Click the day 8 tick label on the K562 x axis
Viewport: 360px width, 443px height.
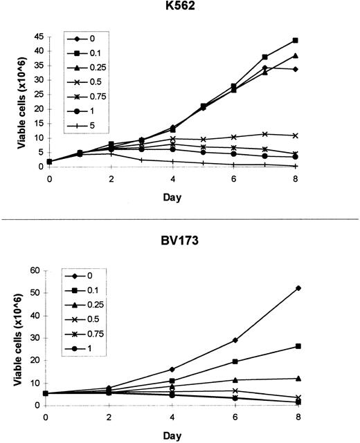pyautogui.click(x=314, y=178)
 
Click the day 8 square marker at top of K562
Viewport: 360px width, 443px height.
pyautogui.click(x=314, y=40)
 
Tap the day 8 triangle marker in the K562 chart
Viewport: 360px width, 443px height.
pyautogui.click(x=314, y=56)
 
